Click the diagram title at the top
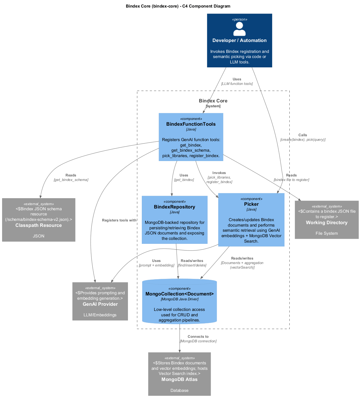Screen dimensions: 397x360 178,6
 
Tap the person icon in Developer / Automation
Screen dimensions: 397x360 239,29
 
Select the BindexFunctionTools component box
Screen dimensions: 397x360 191,137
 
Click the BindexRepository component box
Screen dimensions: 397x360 175,220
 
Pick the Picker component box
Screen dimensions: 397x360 251,220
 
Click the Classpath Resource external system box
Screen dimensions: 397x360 39,220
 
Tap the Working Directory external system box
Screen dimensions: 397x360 327,220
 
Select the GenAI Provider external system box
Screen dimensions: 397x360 100,301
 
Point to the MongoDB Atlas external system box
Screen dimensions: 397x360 180,374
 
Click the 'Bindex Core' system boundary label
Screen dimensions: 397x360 213,101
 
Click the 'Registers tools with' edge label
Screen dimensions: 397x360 119,220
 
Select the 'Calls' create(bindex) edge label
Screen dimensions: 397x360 303,137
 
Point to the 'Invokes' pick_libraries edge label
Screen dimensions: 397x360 219,177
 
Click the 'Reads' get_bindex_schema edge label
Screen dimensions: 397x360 71,177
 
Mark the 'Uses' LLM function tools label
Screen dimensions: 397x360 237,81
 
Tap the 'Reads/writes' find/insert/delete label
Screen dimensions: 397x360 192,263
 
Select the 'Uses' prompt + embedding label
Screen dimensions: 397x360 156,263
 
